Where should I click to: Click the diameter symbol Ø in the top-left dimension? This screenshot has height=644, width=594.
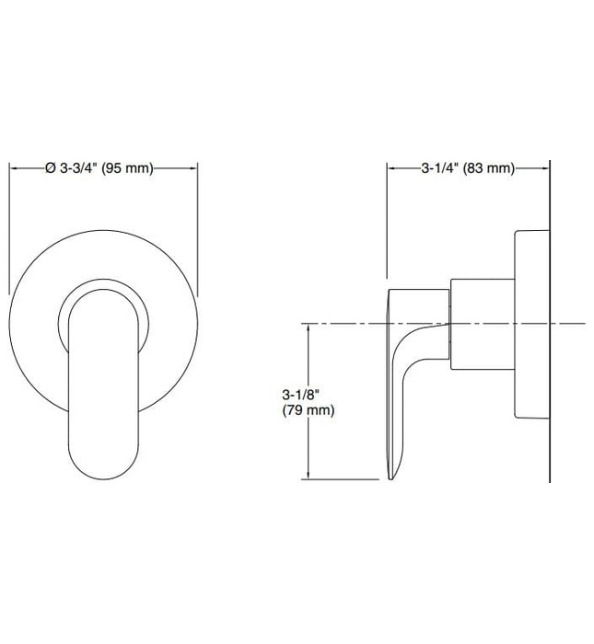pyautogui.click(x=50, y=168)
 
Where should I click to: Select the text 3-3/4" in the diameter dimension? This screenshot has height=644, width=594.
pyautogui.click(x=77, y=168)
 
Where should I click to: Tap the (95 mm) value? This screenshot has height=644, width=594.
pyautogui.click(x=126, y=168)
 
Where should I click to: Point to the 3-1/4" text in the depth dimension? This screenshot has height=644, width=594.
pyautogui.click(x=440, y=168)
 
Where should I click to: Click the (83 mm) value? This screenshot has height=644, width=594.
pyautogui.click(x=487, y=168)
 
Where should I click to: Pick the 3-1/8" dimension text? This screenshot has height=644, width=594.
pyautogui.click(x=300, y=395)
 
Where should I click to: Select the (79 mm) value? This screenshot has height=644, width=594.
pyautogui.click(x=308, y=411)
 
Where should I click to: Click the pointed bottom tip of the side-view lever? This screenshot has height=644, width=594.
pyautogui.click(x=393, y=477)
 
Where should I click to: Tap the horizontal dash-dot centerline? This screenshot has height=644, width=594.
pyautogui.click(x=350, y=323)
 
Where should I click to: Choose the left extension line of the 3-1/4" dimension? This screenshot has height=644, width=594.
pyautogui.click(x=387, y=221)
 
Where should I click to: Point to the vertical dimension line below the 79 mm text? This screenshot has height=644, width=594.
pyautogui.click(x=308, y=451)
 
